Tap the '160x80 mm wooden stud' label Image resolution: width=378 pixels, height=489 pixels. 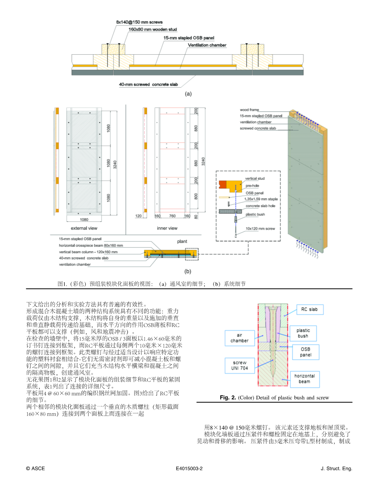(x=153, y=29)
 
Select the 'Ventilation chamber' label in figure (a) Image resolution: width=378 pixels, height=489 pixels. (x=207, y=45)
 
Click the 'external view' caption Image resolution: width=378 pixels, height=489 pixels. (x=84, y=228)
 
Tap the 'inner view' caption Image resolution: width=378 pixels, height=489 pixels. (x=167, y=228)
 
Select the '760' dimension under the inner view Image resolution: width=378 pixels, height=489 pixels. (x=172, y=216)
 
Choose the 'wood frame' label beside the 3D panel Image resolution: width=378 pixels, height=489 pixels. (x=249, y=110)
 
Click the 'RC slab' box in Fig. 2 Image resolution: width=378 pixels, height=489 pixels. (x=310, y=309)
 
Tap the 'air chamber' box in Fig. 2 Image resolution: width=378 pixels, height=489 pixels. (x=239, y=338)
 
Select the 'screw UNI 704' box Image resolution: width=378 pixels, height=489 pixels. (x=239, y=365)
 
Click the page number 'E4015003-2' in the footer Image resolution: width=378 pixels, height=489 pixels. (x=189, y=469)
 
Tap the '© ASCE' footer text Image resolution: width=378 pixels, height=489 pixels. (x=35, y=469)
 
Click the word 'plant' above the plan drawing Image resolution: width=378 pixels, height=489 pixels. (x=182, y=241)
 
